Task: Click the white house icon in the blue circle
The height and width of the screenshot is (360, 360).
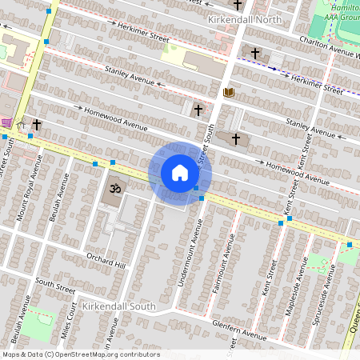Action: coord(180,173)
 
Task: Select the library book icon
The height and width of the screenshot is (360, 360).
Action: coord(229,93)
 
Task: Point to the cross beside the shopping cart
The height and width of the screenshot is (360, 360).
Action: coord(37,126)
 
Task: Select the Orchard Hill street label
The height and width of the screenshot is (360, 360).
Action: coord(106,260)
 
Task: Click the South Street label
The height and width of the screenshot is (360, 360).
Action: coord(54,284)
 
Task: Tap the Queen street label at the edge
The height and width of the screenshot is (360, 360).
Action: coord(351,324)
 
